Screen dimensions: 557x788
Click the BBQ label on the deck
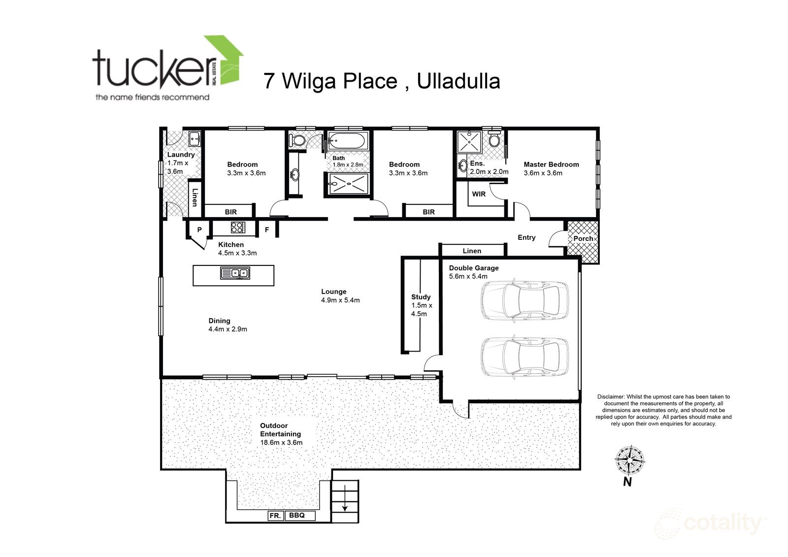coord(296,516)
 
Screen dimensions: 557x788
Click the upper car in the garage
coord(524,300)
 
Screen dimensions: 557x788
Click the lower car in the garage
coord(524,356)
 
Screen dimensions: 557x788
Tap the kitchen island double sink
coord(235,272)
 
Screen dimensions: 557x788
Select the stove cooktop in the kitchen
coord(237,228)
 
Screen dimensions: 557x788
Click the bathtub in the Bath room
coord(347,141)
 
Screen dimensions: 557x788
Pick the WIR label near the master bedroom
coord(479,194)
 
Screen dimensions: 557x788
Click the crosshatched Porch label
coord(583,238)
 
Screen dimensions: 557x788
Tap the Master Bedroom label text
coord(551,164)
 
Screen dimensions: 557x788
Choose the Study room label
coord(421,297)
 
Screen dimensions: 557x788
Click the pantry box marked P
coord(199,229)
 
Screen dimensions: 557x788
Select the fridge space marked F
coord(267,229)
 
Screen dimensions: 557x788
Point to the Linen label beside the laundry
coord(195,197)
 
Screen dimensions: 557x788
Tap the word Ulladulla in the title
coord(459,81)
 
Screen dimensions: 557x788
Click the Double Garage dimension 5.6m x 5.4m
coord(468,276)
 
